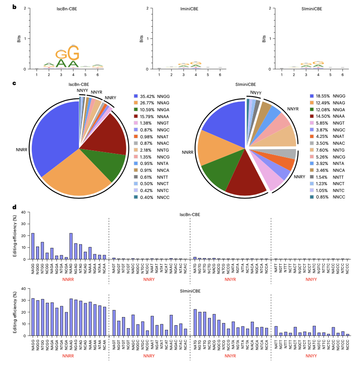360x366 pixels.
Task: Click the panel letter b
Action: point(14,7)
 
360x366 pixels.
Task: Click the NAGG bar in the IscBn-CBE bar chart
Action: point(33,246)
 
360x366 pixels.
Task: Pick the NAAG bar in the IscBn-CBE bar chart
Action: point(71,246)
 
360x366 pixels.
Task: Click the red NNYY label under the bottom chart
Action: point(311,356)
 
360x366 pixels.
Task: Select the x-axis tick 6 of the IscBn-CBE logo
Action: point(98,75)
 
